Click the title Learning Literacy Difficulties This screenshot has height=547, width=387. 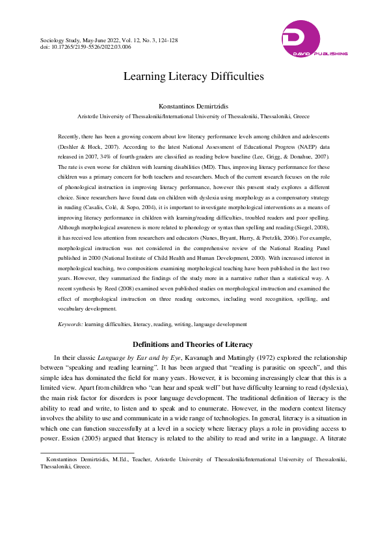click(x=193, y=76)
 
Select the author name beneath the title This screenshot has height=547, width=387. click(x=193, y=106)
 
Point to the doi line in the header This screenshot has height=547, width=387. click(x=86, y=47)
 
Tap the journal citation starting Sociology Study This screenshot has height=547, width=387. click(x=109, y=40)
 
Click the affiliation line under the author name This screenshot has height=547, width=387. click(x=193, y=116)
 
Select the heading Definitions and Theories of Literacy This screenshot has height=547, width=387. click(x=193, y=344)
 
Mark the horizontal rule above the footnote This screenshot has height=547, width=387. click(x=87, y=452)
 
